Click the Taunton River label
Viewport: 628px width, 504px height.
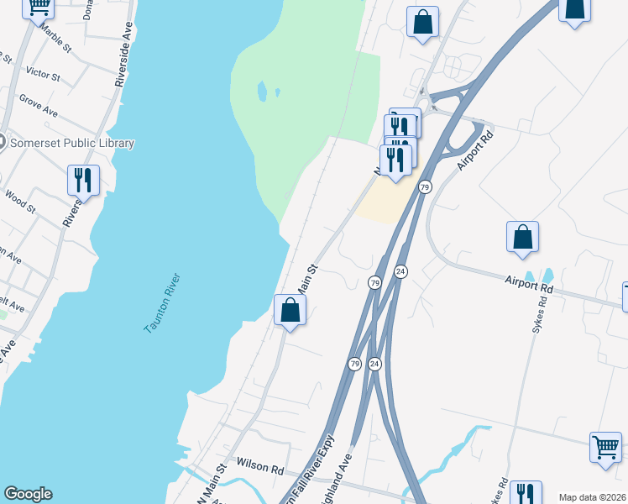[163, 303]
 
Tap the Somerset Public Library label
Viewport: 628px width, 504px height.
[71, 143]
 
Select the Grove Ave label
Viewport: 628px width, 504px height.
[39, 106]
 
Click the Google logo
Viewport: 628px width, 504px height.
[28, 494]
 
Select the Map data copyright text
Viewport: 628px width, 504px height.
[592, 497]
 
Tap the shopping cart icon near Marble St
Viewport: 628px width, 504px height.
[38, 8]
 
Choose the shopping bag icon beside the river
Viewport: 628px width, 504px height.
[290, 310]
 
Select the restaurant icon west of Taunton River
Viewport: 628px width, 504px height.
[83, 180]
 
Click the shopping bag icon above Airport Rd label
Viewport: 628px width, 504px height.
[522, 238]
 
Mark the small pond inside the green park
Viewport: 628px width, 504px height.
[263, 90]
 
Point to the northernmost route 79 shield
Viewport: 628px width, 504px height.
[425, 186]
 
